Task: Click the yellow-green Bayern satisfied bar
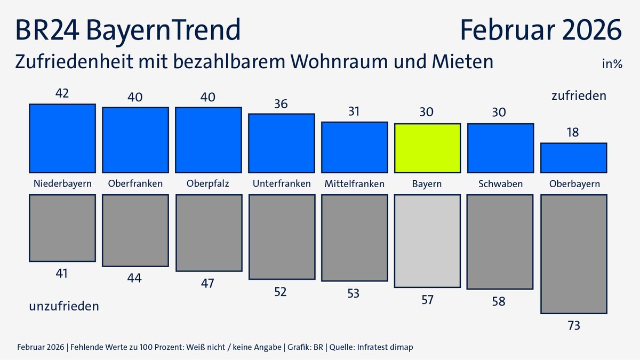[427, 148]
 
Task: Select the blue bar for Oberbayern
[573, 158]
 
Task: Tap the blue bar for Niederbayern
[62, 138]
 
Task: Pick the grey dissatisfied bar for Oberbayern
[573, 254]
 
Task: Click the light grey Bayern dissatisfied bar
[427, 241]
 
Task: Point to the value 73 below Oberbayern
[573, 325]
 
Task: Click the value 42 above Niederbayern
[62, 93]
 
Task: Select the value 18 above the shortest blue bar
[573, 132]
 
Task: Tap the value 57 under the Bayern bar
[427, 300]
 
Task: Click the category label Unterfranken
[281, 184]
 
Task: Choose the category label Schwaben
[500, 184]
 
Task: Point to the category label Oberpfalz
[208, 184]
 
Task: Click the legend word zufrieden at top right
[579, 96]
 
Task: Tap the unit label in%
[612, 65]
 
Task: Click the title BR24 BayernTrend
[128, 30]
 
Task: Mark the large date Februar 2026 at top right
[541, 30]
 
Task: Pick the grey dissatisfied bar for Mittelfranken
[354, 238]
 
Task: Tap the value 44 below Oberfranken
[135, 278]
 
